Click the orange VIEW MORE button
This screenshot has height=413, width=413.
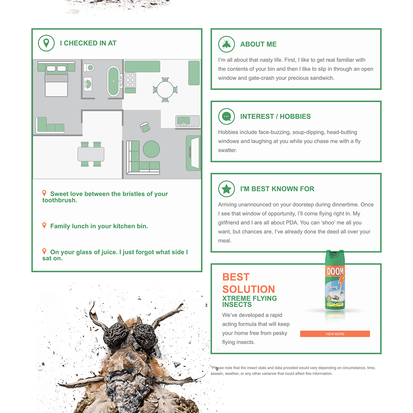coord(335,334)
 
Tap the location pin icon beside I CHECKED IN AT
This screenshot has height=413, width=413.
coord(46,43)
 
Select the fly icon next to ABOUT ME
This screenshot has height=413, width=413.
coord(226,44)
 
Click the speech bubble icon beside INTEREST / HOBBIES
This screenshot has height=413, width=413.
coord(226,117)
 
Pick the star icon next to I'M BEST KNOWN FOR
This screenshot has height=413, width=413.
coord(226,189)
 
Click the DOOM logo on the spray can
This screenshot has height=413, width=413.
coord(335,271)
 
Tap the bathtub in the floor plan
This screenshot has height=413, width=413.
coord(114,81)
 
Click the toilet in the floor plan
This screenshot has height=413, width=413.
coord(89,67)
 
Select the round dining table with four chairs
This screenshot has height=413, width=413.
coord(165,90)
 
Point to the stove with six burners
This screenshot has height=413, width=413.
coord(130,80)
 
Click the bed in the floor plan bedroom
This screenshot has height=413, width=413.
coord(56,79)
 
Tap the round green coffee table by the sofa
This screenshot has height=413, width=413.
coord(151,149)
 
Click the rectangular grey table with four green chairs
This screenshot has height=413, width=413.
coord(91,154)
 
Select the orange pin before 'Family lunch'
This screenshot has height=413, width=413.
coord(44,225)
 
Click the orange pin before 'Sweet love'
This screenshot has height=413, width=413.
coord(44,193)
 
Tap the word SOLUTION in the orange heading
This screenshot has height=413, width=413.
coord(249,289)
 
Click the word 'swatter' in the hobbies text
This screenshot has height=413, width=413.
coord(227,150)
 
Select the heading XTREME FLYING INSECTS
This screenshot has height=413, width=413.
coord(249,301)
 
